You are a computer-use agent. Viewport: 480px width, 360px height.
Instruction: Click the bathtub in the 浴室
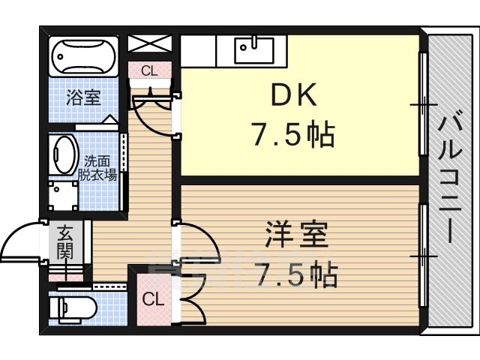83,57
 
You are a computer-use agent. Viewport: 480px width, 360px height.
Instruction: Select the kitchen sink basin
254,50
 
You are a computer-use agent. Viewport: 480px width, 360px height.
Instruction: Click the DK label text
293,95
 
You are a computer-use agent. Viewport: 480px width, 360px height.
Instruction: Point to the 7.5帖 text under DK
293,134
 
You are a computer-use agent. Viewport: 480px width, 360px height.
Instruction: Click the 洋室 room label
296,234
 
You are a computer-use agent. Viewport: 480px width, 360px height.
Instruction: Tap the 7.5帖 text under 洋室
296,275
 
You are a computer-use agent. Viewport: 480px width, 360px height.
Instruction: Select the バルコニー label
449,177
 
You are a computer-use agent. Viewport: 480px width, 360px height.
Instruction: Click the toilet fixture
73,307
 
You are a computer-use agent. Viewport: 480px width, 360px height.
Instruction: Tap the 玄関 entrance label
65,241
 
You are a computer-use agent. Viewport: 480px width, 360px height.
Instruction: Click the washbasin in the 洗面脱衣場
64,154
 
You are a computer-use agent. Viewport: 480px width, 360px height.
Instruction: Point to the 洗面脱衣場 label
97,168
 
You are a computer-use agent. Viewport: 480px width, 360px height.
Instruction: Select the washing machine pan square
63,196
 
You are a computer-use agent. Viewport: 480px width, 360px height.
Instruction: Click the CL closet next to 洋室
154,299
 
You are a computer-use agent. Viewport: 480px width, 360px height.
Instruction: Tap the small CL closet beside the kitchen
149,70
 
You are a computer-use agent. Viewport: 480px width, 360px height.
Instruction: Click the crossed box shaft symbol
149,43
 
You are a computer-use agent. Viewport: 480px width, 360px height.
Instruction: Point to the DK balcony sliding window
423,104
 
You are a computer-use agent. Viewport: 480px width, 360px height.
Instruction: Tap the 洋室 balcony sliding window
423,255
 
